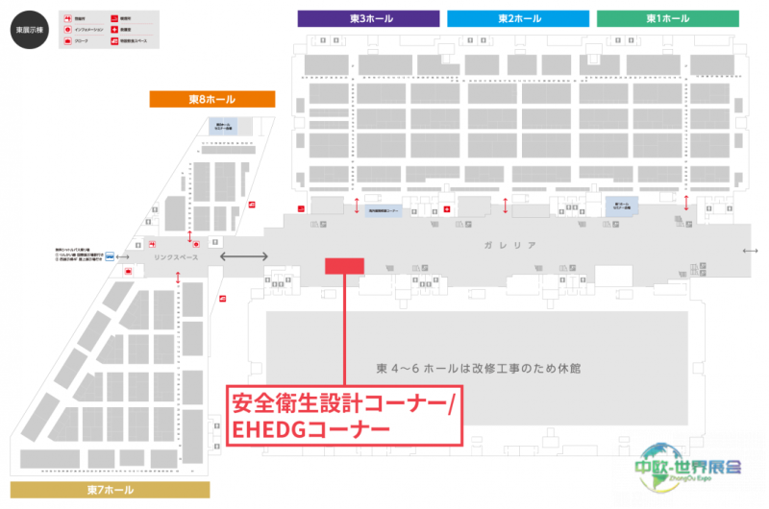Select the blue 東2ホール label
click(517, 18)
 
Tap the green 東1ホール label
click(667, 18)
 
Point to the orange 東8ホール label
click(211, 99)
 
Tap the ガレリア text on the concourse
click(506, 246)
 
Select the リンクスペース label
click(176, 257)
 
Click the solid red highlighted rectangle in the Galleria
click(344, 266)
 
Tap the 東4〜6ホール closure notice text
click(480, 369)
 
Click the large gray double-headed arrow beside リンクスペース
click(245, 256)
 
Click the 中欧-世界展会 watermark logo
click(687, 465)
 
